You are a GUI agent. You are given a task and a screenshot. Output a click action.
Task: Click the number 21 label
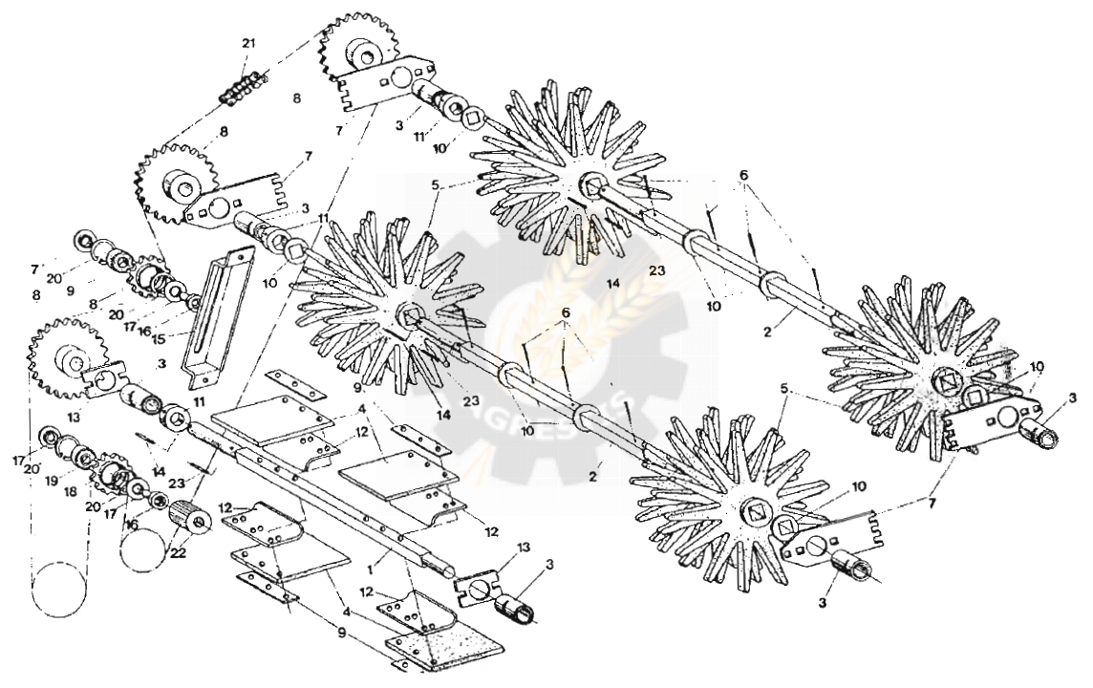pos(249,44)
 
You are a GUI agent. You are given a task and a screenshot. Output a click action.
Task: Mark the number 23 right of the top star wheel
pos(655,270)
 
